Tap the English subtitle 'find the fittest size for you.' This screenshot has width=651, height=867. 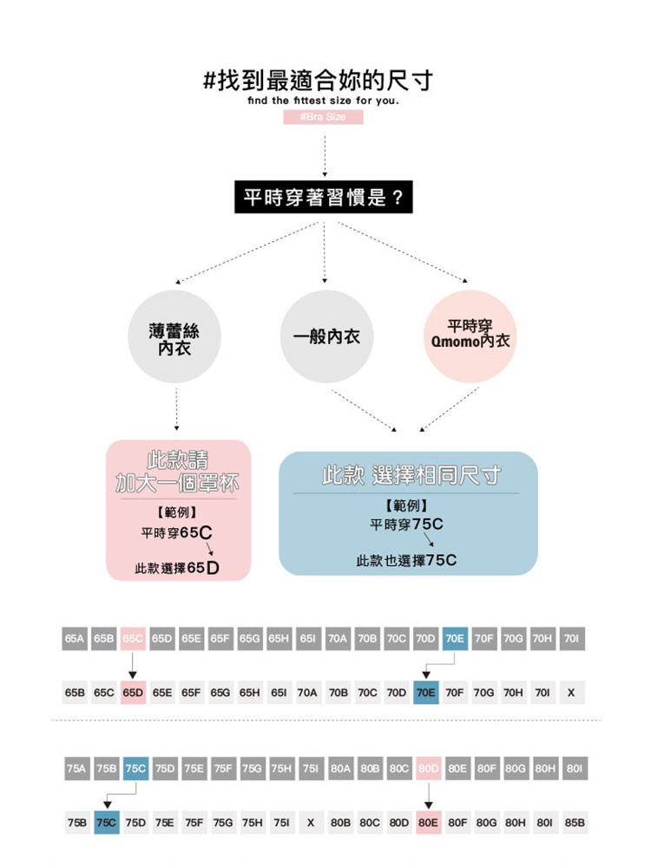click(323, 102)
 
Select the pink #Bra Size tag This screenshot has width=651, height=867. click(323, 117)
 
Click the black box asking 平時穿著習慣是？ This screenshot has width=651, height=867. click(323, 199)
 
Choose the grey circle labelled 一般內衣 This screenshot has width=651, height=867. click(323, 336)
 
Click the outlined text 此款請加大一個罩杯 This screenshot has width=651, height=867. click(178, 471)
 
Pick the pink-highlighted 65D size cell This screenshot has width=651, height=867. click(133, 693)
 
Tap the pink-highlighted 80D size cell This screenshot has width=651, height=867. click(429, 768)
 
